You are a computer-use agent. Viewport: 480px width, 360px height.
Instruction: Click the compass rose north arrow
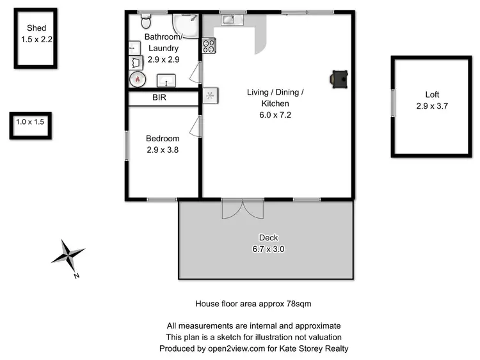[68, 255]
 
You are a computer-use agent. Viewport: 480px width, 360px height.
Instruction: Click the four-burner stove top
[209, 45]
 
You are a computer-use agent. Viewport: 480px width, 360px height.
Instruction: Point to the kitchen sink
[230, 20]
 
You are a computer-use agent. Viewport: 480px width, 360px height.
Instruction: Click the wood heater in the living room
[339, 78]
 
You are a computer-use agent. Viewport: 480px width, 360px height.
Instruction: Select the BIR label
[159, 98]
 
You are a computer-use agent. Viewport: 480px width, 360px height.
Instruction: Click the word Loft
[431, 94]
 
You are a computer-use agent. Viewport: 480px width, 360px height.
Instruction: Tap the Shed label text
[36, 27]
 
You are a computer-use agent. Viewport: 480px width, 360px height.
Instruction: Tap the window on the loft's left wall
[392, 103]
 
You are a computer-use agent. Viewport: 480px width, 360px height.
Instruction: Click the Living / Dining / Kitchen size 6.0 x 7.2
[275, 115]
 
